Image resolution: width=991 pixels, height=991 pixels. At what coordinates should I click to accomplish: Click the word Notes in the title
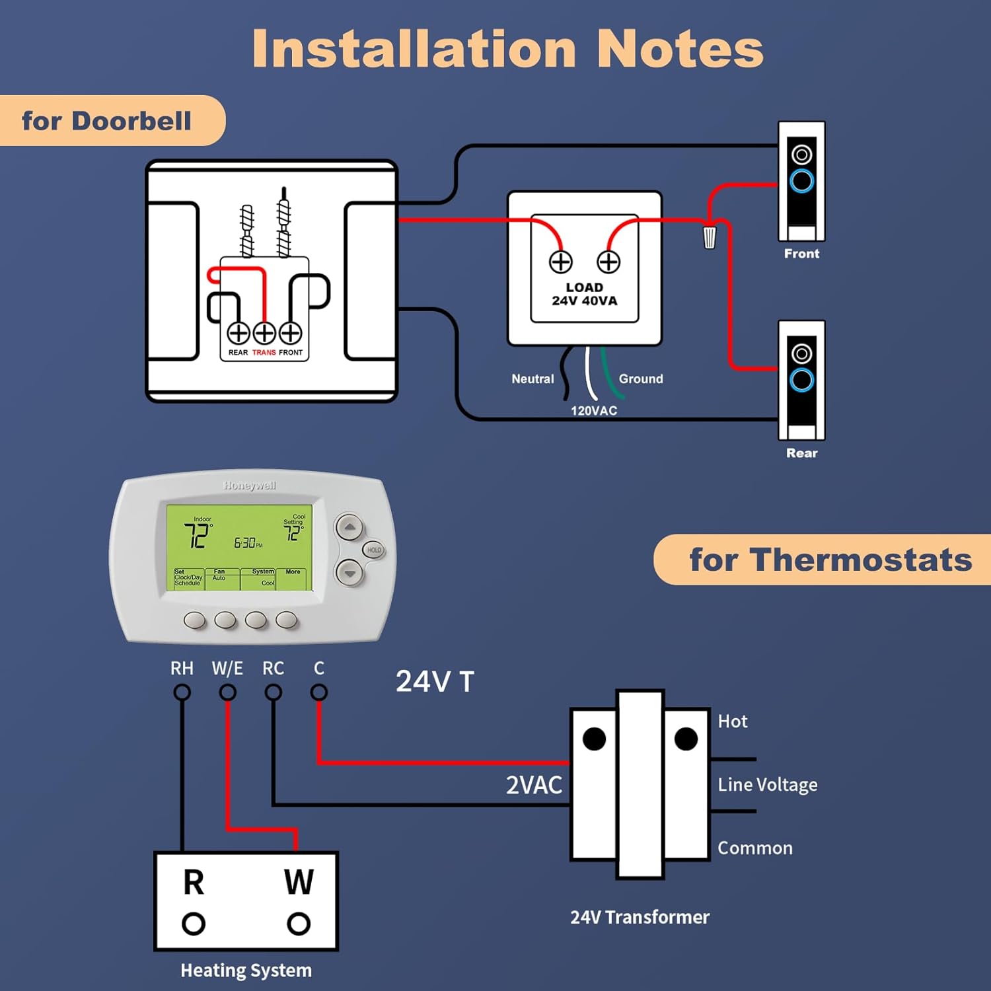[680, 49]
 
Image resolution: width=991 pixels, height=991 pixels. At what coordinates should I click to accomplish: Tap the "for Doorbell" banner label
[106, 121]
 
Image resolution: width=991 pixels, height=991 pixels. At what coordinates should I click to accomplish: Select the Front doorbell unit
[801, 181]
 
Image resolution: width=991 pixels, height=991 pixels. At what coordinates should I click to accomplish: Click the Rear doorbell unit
[801, 380]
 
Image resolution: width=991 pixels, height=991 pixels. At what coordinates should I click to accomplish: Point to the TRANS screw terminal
[264, 333]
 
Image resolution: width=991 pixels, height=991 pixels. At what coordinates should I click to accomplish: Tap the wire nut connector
[709, 237]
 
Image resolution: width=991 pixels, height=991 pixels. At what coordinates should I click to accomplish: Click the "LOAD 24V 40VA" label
[585, 294]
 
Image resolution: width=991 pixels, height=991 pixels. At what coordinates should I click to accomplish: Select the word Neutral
[532, 379]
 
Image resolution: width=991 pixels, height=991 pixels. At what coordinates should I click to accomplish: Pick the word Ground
[641, 379]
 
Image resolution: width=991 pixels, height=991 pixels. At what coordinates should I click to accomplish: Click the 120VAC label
[594, 410]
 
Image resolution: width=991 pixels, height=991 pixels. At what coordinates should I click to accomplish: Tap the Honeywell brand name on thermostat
[250, 486]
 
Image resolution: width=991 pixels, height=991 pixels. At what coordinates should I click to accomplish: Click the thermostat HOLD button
[374, 550]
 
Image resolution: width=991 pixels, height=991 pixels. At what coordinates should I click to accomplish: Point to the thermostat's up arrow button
[349, 527]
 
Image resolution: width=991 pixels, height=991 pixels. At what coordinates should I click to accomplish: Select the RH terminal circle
[182, 692]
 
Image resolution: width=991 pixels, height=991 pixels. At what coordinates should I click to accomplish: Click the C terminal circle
[319, 692]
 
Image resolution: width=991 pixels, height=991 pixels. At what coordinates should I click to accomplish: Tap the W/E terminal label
[227, 669]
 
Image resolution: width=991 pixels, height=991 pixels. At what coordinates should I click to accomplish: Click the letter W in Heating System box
[299, 882]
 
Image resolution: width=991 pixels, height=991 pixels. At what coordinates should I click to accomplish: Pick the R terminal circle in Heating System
[194, 924]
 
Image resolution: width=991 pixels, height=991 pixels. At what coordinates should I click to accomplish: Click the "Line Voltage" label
[768, 785]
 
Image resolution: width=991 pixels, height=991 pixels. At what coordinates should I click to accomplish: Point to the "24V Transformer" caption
[640, 917]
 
